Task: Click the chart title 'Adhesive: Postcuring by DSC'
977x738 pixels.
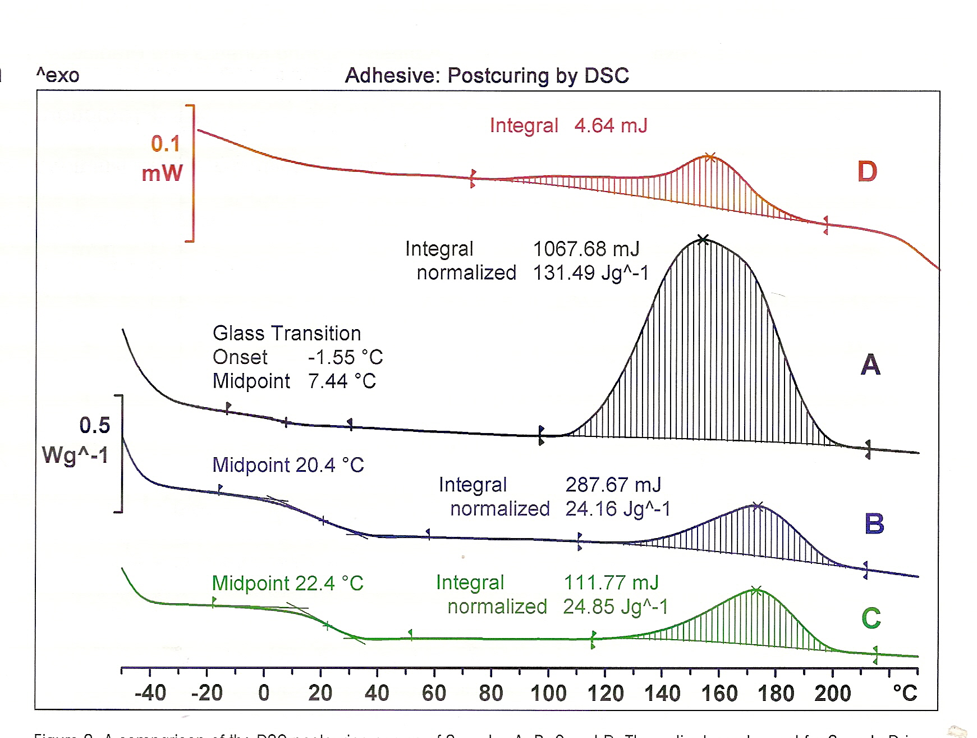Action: click(487, 75)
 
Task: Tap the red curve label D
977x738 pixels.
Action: click(867, 171)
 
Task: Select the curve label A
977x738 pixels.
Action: click(870, 365)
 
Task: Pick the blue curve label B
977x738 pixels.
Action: click(874, 523)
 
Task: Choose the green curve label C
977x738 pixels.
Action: click(871, 618)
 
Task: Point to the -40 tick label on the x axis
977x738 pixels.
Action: click(150, 693)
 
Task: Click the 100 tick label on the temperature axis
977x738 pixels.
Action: click(548, 693)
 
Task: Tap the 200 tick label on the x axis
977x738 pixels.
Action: click(832, 693)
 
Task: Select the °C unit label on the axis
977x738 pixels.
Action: click(905, 693)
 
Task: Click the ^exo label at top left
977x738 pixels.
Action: click(58, 75)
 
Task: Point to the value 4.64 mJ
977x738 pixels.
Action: click(611, 125)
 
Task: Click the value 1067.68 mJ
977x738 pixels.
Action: click(586, 249)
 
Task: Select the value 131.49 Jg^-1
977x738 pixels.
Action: click(590, 273)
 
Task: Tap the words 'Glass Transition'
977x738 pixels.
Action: click(287, 334)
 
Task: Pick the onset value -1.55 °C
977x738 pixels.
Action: click(345, 357)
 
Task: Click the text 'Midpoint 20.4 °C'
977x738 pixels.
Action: click(288, 465)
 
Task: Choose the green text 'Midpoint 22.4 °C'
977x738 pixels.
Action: click(288, 584)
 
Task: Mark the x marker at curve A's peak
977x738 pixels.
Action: click(703, 239)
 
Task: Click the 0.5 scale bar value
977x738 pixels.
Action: click(94, 426)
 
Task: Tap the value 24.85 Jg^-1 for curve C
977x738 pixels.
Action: click(615, 607)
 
